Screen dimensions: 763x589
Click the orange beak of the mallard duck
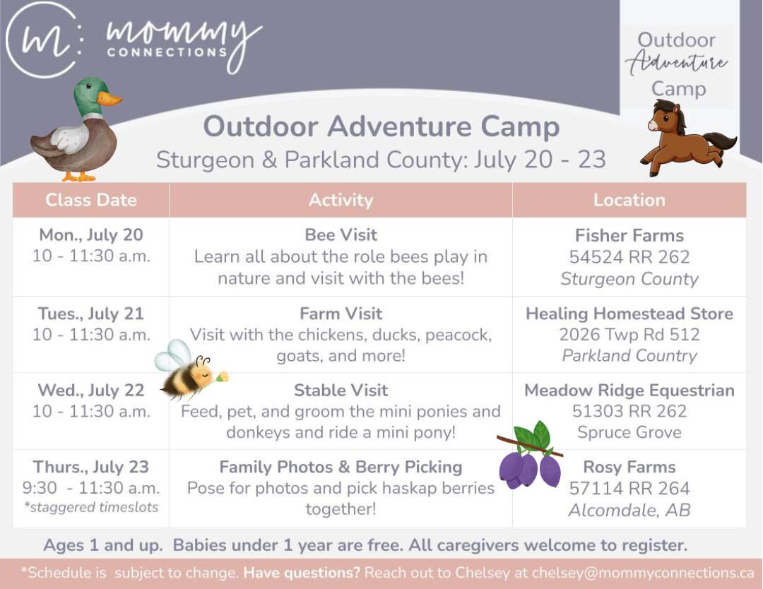109,98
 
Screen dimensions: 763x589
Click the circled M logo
44,40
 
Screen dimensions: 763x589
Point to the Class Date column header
91,200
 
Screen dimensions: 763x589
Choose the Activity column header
341,200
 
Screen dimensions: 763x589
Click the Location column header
629,200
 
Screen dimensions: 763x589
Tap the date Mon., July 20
91,235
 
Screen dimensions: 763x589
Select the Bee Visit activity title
341,235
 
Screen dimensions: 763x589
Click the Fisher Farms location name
629,235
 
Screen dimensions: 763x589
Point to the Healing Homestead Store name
629,314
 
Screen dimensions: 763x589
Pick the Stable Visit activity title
341,390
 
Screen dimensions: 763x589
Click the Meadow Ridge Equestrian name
629,390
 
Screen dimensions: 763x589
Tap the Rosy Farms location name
629,467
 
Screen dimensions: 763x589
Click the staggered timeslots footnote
91,507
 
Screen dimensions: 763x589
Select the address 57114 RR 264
629,488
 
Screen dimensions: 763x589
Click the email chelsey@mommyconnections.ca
643,573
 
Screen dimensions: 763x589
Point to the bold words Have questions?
302,573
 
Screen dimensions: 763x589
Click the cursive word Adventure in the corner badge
676,64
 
